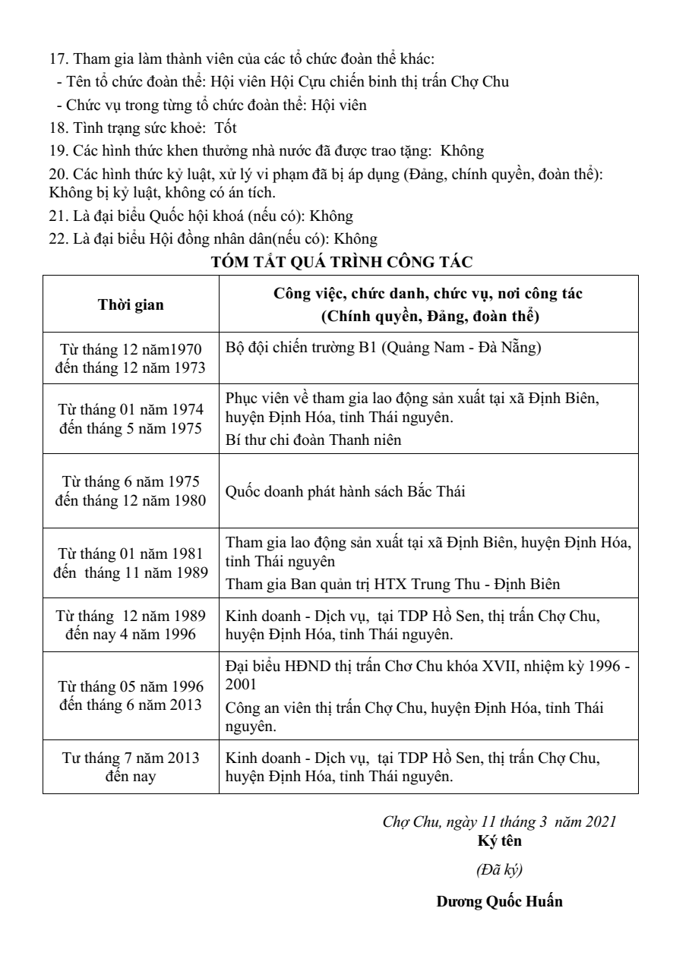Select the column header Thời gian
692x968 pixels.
(131, 305)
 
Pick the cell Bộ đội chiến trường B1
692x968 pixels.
(384, 348)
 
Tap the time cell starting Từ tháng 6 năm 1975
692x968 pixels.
(131, 491)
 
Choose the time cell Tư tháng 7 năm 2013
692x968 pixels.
(131, 767)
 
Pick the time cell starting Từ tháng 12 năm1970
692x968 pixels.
(131, 358)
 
